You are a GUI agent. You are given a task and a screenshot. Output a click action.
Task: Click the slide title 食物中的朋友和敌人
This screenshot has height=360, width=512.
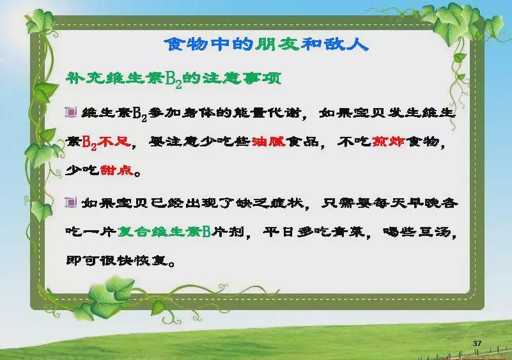click(x=266, y=44)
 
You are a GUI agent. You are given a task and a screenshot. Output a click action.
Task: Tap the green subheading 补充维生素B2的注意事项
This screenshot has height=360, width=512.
click(x=173, y=79)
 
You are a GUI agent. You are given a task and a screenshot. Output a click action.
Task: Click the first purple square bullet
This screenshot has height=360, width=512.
click(x=70, y=112)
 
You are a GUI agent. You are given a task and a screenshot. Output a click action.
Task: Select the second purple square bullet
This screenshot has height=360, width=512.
click(x=70, y=203)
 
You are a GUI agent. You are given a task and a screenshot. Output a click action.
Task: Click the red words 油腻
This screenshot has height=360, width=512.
click(x=268, y=142)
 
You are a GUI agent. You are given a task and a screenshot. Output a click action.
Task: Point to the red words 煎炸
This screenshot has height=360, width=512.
click(x=389, y=142)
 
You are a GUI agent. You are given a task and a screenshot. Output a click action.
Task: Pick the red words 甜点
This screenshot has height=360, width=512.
click(x=117, y=170)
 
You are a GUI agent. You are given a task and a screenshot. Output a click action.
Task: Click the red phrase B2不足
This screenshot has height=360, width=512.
click(x=107, y=143)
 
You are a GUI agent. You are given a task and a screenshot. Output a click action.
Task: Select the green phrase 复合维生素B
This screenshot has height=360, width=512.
click(x=164, y=231)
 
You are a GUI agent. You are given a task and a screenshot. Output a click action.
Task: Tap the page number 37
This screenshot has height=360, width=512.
click(x=477, y=343)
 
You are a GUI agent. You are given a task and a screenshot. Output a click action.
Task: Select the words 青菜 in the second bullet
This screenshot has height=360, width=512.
click(x=348, y=232)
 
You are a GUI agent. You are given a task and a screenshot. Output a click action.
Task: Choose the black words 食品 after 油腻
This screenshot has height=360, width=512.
click(x=303, y=142)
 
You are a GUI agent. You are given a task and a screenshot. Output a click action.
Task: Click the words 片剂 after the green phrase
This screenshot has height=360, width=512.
click(x=228, y=232)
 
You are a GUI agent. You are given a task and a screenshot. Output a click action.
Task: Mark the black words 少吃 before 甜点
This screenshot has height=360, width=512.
click(x=82, y=170)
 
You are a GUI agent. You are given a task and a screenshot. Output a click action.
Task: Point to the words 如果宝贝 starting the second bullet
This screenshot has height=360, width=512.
click(x=115, y=203)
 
